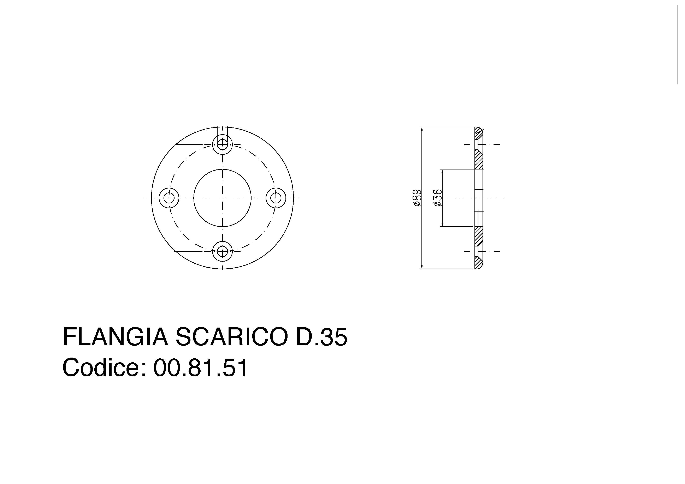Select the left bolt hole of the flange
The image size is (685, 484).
(x=169, y=198)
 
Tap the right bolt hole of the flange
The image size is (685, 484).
(x=276, y=198)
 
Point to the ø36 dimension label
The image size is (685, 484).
(x=438, y=198)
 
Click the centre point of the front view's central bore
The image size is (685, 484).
(x=222, y=198)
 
